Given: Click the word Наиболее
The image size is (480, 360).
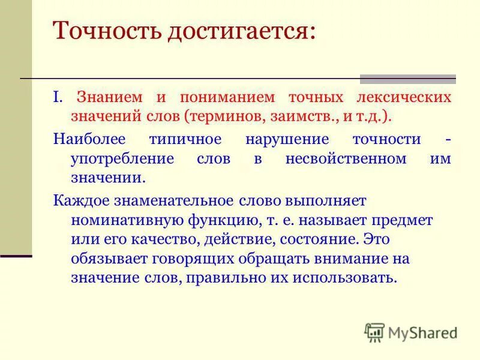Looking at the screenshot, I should [88, 139].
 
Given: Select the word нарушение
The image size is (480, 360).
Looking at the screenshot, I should [287, 139].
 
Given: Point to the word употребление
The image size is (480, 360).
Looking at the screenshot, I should [122, 159].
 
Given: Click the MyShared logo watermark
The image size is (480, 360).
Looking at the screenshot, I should [411, 332].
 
